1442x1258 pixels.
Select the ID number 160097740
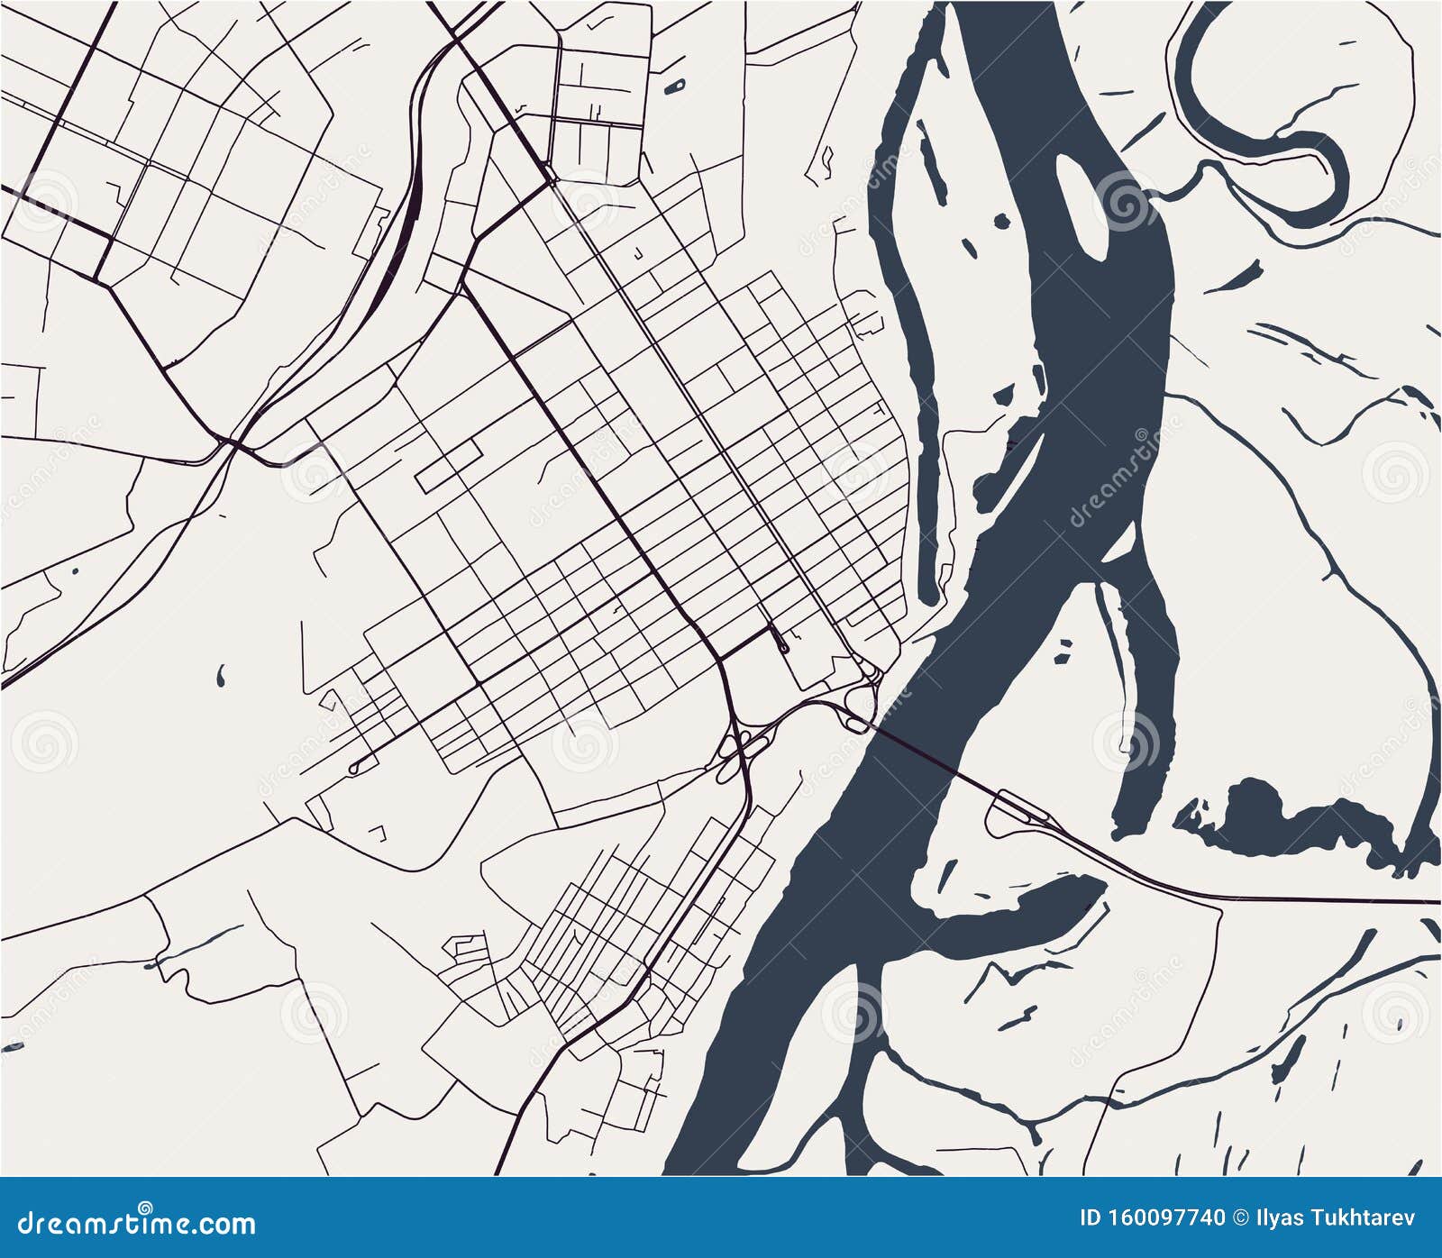click(1153, 1218)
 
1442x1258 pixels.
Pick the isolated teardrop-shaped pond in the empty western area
click(221, 674)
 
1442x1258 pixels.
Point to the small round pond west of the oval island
click(1002, 221)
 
